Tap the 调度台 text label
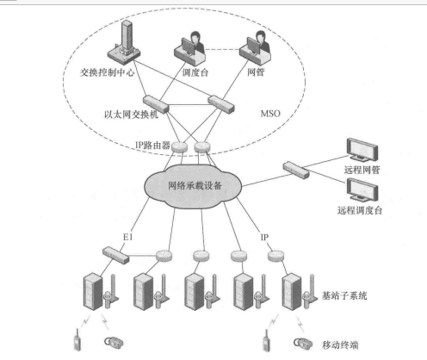(x=198, y=75)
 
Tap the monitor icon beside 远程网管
(x=361, y=150)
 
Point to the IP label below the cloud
(x=266, y=233)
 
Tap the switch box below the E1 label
(x=113, y=252)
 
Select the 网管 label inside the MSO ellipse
(x=255, y=75)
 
